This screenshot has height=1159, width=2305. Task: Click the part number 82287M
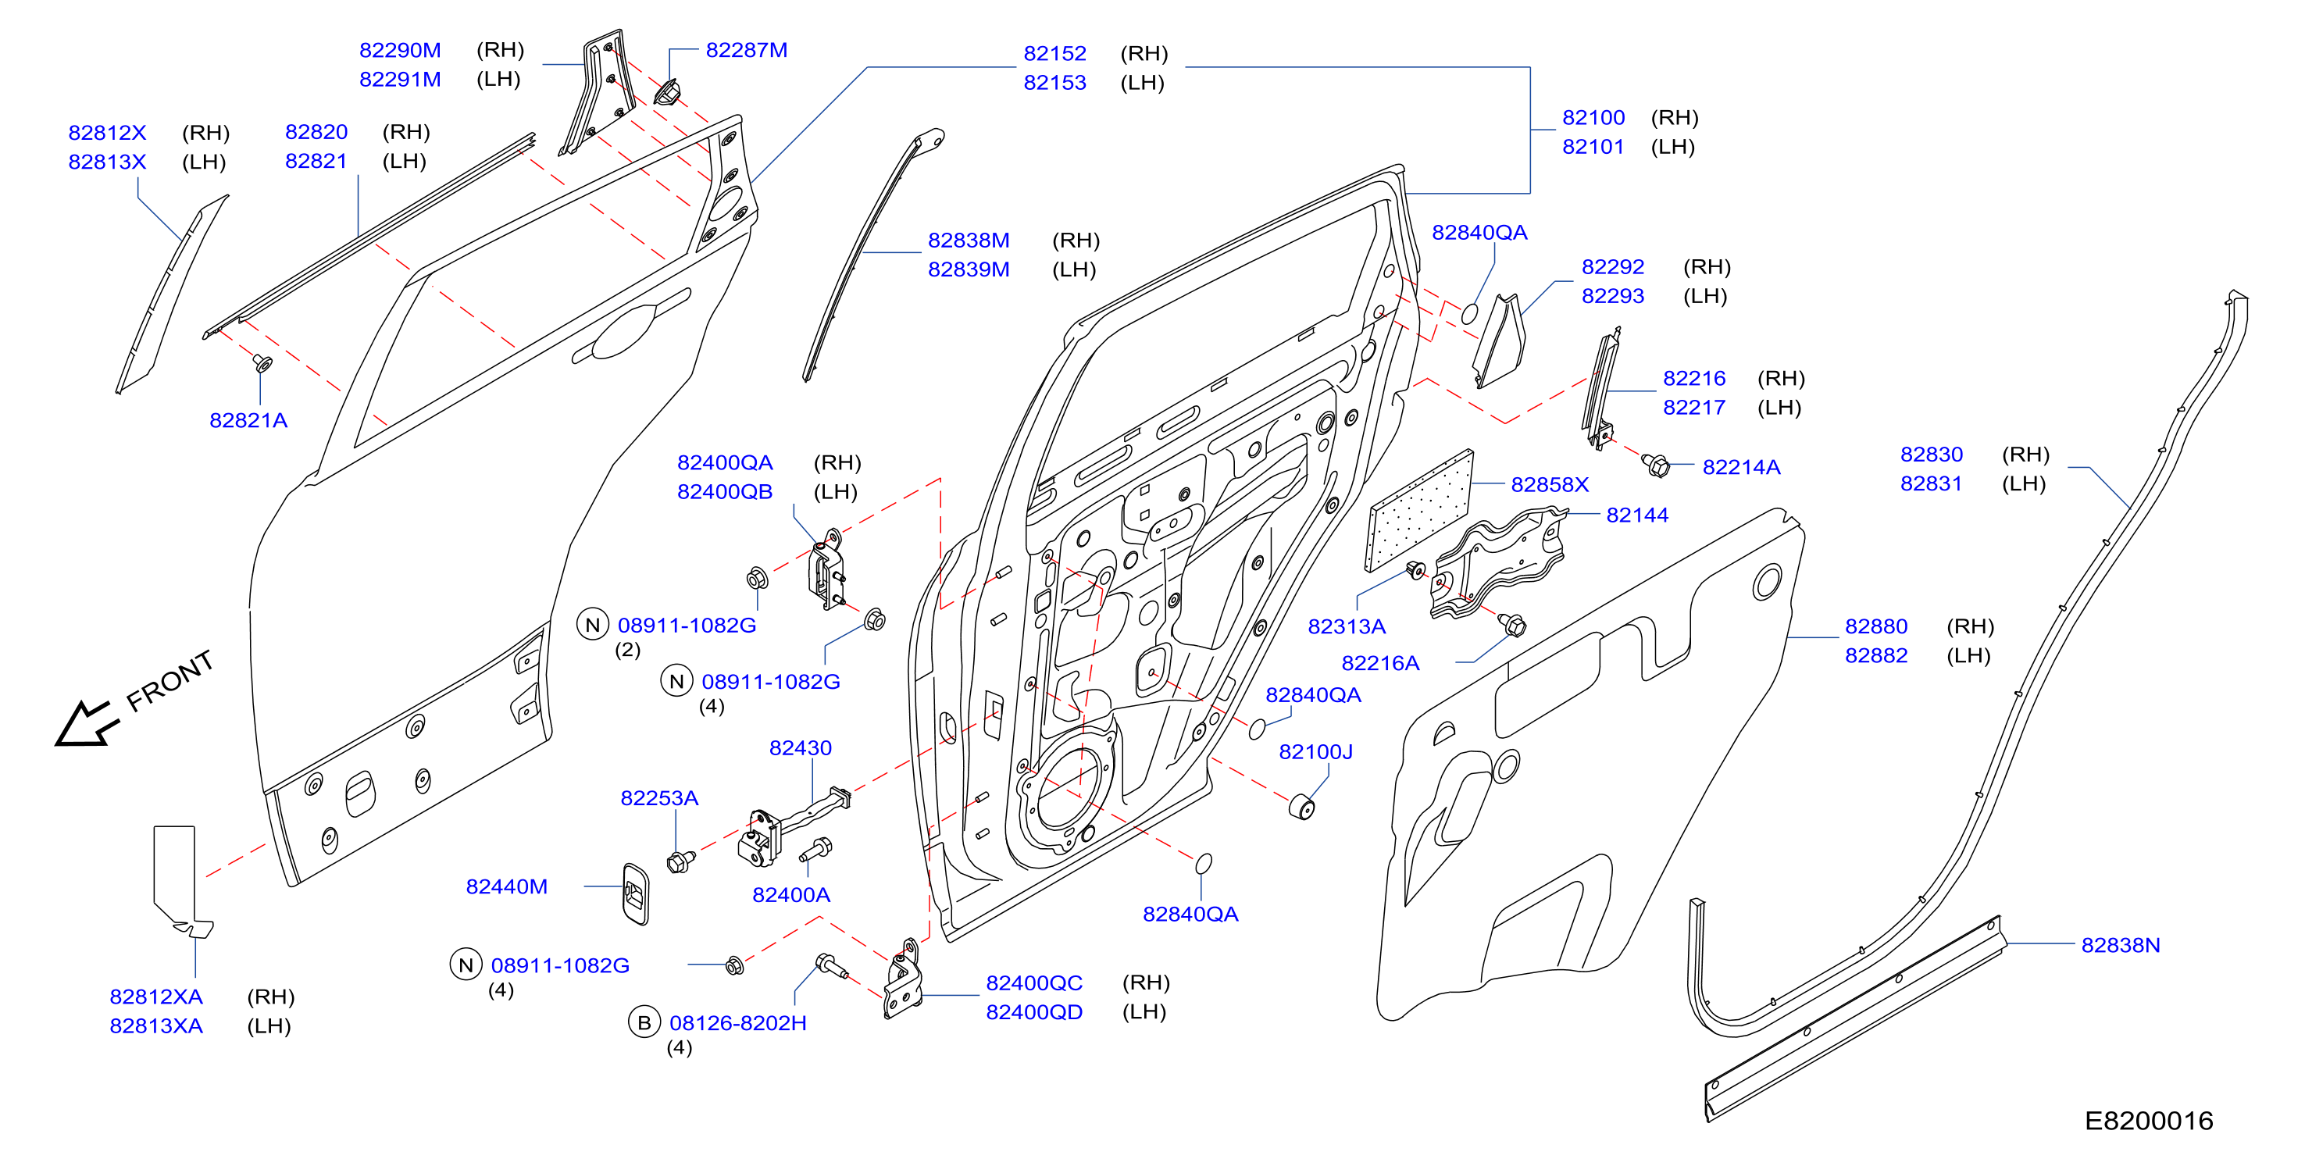746,50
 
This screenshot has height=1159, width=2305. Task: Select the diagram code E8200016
2149,1121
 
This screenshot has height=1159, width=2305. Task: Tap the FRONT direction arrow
87,723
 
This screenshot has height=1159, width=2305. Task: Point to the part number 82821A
248,421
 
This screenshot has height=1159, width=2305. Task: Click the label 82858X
1550,484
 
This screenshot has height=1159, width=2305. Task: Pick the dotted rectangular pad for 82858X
1419,510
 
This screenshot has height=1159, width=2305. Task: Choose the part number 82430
800,748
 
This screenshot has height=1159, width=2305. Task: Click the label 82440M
506,887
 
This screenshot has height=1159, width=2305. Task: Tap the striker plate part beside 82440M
635,894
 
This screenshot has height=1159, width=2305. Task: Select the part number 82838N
2120,945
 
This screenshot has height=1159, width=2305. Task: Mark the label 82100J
1315,752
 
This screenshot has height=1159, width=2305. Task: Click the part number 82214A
1740,467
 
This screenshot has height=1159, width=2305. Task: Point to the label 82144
1636,515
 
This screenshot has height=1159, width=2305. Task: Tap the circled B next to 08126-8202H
644,1023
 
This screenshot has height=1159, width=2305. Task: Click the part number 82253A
658,798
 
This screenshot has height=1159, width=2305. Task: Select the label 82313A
1347,626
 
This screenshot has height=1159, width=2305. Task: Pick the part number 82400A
791,895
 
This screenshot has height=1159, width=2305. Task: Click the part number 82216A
1379,663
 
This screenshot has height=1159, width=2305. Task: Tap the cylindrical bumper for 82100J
1301,805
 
